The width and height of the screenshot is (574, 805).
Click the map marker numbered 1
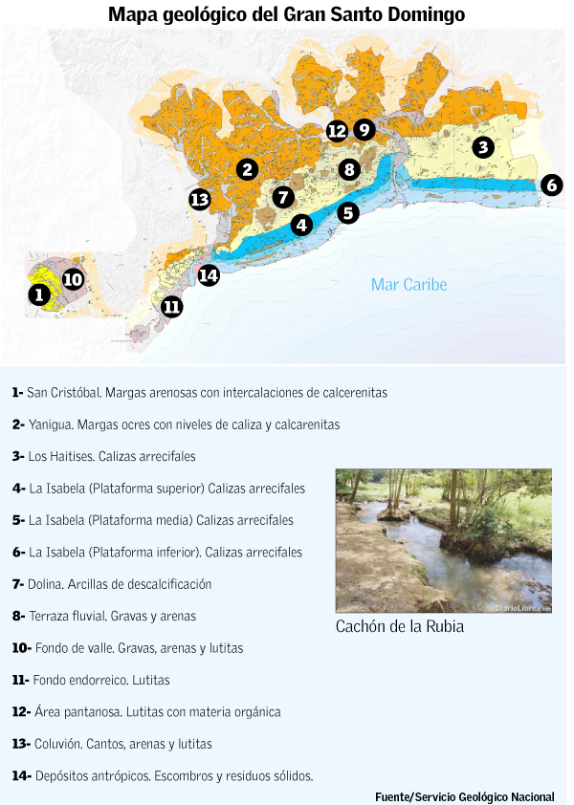[x=38, y=294]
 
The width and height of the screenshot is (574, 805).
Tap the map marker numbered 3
[x=483, y=146]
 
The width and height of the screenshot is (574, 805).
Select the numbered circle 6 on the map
[x=551, y=185]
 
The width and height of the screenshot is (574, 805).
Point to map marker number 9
[x=364, y=129]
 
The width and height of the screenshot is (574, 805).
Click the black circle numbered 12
[x=336, y=131]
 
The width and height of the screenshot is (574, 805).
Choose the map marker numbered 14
[x=209, y=275]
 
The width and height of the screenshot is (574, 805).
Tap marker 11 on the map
[x=172, y=307]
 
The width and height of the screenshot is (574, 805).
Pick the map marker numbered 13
[x=199, y=199]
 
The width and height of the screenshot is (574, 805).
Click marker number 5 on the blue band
[x=348, y=212]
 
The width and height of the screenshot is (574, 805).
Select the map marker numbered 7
[x=282, y=197]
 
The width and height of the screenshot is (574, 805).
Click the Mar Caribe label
[x=408, y=285]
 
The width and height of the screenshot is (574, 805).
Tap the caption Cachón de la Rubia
[x=399, y=627]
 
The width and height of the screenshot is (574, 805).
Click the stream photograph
[x=443, y=540]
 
